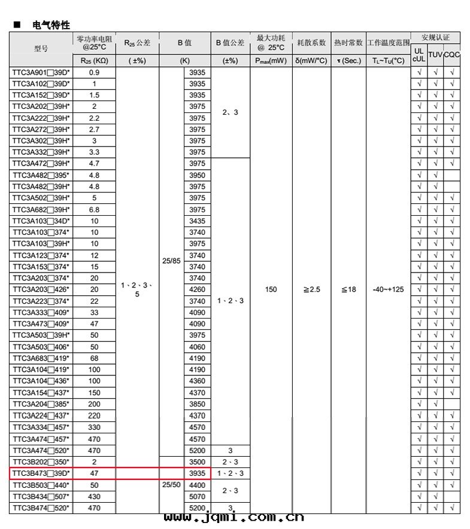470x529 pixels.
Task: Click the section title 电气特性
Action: coord(51,25)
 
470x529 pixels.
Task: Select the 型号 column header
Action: coord(41,48)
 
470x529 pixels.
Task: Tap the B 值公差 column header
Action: coord(230,43)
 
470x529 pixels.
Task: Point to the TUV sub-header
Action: coord(435,54)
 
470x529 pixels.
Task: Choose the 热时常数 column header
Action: coord(348,43)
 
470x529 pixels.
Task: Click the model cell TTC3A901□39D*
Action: coord(41,72)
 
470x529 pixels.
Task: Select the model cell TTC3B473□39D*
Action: coord(41,473)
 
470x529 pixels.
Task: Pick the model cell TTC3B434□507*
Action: coord(41,496)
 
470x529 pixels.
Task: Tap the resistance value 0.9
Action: coord(94,72)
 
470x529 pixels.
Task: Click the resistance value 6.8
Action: coord(94,210)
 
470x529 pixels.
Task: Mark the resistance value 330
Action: coord(94,427)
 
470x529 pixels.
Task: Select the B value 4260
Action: coord(197,290)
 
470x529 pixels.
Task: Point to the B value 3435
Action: coord(197,221)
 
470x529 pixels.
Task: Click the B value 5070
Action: coord(197,496)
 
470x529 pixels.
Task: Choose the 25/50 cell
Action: coord(171,485)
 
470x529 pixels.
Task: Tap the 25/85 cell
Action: coord(171,261)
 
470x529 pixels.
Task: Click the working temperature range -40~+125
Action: coord(388,290)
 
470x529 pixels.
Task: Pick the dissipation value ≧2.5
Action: coord(311,290)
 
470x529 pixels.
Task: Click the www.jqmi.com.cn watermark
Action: coord(234,518)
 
